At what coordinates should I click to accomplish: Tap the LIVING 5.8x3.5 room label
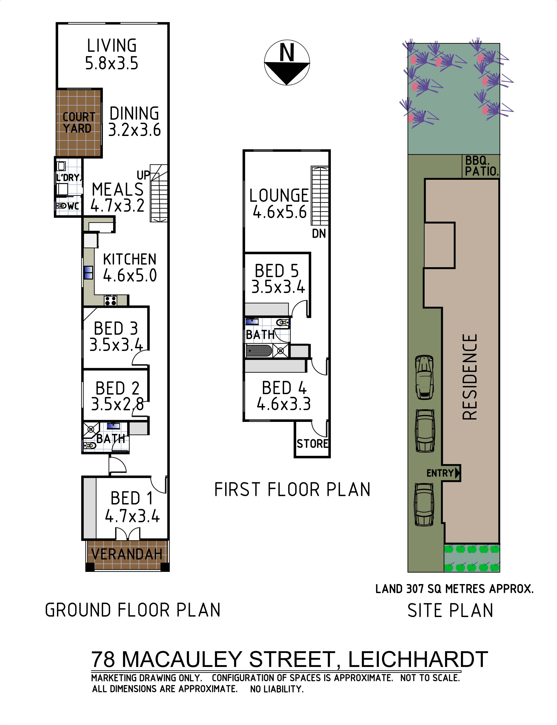click(112, 54)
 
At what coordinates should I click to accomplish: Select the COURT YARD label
click(79, 123)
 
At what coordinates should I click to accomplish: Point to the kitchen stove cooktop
click(110, 300)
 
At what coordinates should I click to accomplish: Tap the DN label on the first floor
click(319, 234)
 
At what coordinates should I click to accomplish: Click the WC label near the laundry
click(73, 206)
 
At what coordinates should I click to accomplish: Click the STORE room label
click(312, 444)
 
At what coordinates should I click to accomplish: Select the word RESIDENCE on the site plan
click(470, 377)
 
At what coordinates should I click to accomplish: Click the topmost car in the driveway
click(424, 377)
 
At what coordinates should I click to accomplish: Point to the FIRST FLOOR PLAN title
click(292, 489)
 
